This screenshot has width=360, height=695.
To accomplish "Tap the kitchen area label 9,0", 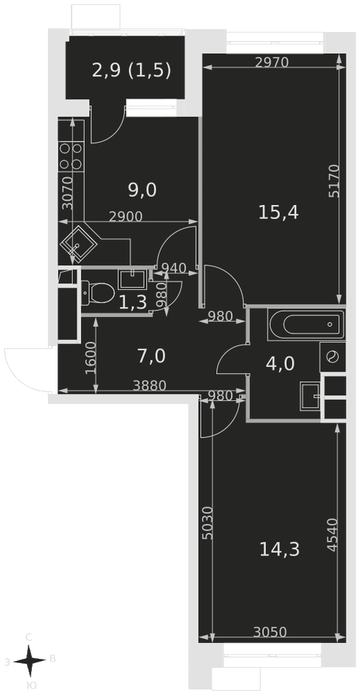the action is pos(142,190).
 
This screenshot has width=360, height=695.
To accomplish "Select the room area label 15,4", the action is pos(279,213).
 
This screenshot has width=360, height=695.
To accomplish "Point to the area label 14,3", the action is pos(279,550).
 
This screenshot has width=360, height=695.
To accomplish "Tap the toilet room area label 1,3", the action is pos(133,302).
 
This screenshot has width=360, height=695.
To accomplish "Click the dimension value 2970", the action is pos(272,63).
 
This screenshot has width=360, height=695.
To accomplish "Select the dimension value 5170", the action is pos(334,181).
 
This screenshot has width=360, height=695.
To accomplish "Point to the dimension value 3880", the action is pos(149,386).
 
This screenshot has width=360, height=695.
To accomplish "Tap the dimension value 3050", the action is pos(270,632).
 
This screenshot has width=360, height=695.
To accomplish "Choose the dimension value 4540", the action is pos(333,534).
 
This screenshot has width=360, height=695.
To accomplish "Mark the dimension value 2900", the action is pos(126,216).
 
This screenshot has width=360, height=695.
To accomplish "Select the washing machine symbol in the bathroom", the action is pos(332,357).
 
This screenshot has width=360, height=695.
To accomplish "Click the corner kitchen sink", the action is pos(79,245).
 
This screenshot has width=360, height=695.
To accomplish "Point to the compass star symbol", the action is pos(29,661).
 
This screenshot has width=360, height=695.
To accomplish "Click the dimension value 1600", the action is pos(90,358).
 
